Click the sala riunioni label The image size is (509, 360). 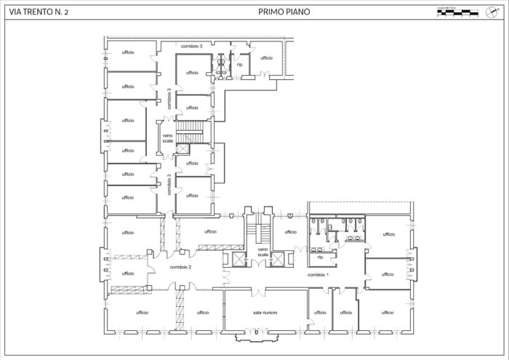[265, 312]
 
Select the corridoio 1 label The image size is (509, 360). [318, 275]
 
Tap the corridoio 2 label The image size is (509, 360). [180, 267]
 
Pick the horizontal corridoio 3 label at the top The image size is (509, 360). [192, 46]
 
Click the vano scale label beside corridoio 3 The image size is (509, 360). [168, 137]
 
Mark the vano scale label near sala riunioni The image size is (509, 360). [263, 252]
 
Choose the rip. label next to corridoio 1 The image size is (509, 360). [321, 257]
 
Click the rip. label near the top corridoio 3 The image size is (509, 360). [240, 64]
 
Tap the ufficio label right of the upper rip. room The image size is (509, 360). [266, 57]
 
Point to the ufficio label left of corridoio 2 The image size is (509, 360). [128, 273]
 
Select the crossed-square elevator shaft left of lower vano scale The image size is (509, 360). [239, 258]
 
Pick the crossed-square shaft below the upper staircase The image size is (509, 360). [183, 149]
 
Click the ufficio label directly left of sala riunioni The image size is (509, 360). [203, 312]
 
